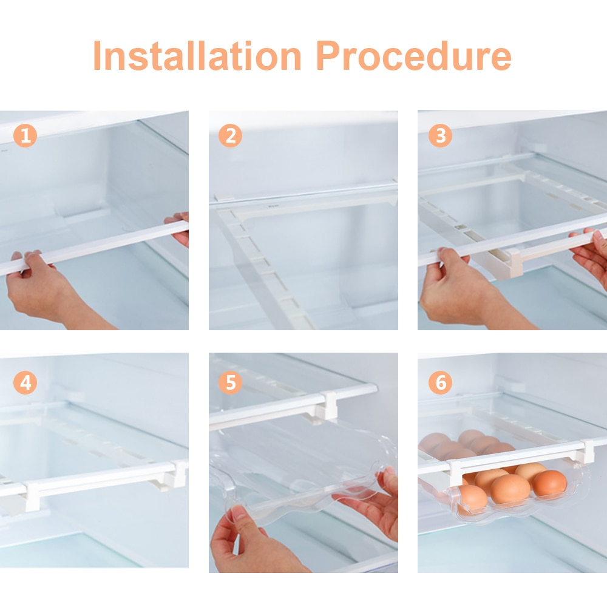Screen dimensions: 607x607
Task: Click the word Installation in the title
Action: pyautogui.click(x=197, y=56)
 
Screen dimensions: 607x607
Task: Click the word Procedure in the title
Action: pyautogui.click(x=414, y=56)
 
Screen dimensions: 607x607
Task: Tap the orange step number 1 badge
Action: pyautogui.click(x=25, y=135)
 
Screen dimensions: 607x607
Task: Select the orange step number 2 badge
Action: pyautogui.click(x=230, y=135)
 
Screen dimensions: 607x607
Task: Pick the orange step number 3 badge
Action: pyautogui.click(x=440, y=135)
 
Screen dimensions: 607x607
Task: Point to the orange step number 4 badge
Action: pyautogui.click(x=25, y=383)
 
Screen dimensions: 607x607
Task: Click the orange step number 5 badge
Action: pyautogui.click(x=230, y=383)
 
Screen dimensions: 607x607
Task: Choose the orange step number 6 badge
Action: pyautogui.click(x=440, y=383)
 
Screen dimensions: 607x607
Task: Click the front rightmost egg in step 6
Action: pyautogui.click(x=550, y=484)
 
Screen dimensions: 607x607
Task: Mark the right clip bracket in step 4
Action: pyautogui.click(x=177, y=473)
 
